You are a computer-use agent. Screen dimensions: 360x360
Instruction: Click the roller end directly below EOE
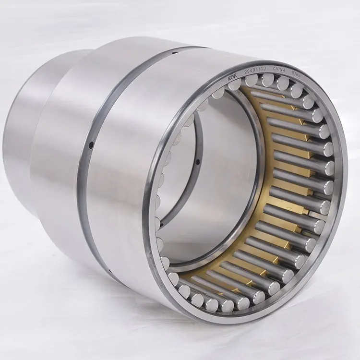235,85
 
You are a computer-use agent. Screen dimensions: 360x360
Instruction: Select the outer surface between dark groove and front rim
125,168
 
